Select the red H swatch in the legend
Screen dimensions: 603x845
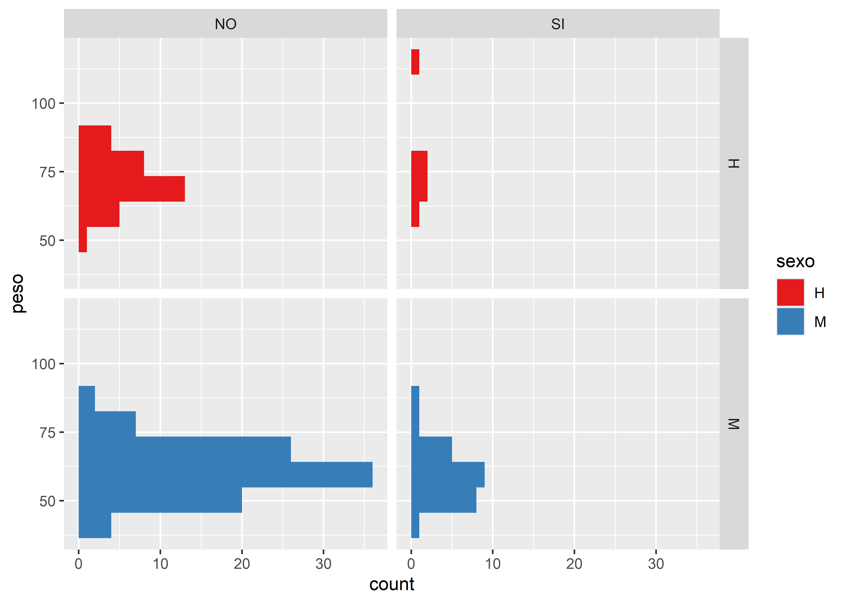click(x=790, y=293)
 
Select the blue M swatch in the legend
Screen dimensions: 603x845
click(x=790, y=322)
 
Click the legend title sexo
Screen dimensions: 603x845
click(x=795, y=262)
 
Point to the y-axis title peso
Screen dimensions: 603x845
click(x=18, y=293)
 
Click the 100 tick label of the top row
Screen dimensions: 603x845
click(x=43, y=104)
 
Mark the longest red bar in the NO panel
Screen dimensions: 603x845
click(x=132, y=189)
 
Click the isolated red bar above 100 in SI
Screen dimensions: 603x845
click(x=415, y=62)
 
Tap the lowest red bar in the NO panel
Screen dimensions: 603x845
click(x=82, y=240)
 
